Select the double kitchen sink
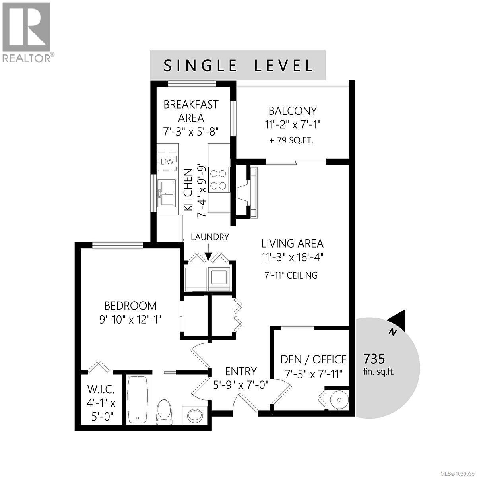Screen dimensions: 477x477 point(167,193)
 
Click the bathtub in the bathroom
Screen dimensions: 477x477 point(138,399)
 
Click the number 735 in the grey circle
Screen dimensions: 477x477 point(374,359)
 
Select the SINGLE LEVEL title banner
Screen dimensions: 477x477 point(238,65)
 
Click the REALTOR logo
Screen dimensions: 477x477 point(26,32)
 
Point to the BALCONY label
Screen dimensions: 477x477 point(293,111)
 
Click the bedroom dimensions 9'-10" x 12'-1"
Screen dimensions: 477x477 point(130,319)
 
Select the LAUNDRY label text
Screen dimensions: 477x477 point(210,237)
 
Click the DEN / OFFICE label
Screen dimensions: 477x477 point(313,360)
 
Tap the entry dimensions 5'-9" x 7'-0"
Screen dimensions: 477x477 point(240,385)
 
